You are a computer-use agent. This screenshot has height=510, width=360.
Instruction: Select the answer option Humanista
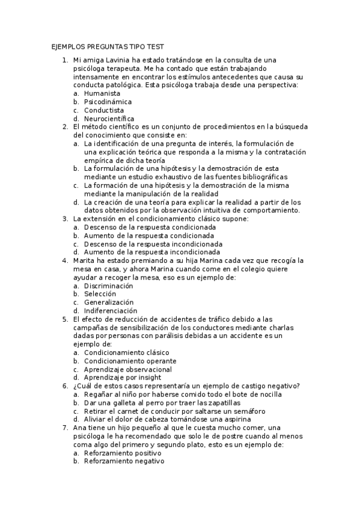click(102, 94)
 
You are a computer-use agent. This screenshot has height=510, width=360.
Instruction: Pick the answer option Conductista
click(104, 111)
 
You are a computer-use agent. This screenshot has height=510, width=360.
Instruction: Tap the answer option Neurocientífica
click(109, 119)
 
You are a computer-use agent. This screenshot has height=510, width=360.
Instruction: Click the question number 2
click(65, 127)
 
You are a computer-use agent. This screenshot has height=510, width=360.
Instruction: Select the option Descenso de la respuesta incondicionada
click(153, 244)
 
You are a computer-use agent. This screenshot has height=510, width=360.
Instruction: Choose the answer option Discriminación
click(108, 286)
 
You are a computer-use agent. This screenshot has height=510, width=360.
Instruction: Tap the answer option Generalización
click(108, 302)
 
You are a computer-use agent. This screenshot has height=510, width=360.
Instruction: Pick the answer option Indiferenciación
click(110, 310)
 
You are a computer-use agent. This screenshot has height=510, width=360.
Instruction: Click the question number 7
click(65, 428)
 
